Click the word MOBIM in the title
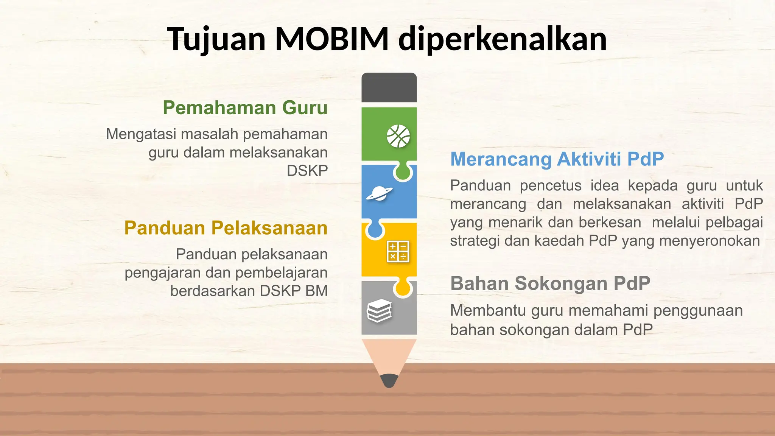point(332,39)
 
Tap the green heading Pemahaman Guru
point(245,108)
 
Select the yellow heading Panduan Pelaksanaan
point(226,228)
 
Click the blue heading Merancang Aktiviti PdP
point(557,159)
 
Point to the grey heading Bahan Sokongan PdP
point(550,283)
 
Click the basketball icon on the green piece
point(398,136)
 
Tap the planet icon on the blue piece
point(379,194)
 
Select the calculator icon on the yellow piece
point(398,252)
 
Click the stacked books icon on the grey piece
point(379,310)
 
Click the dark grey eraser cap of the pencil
point(389,87)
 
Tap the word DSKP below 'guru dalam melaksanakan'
point(307,171)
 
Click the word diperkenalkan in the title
point(503,39)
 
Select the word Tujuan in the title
point(216,39)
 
